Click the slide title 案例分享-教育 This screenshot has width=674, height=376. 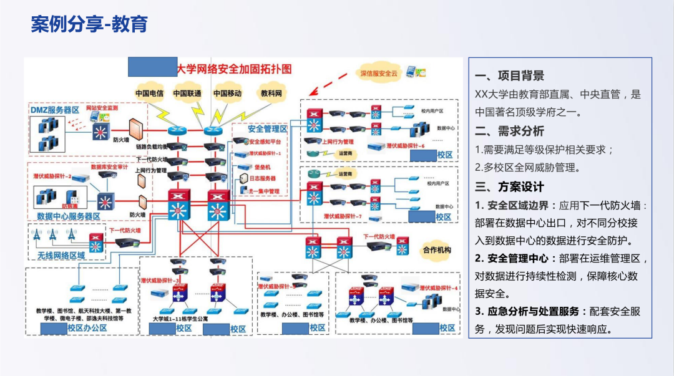point(89,25)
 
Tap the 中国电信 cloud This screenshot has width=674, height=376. point(150,94)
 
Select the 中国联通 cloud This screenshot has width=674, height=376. point(187,94)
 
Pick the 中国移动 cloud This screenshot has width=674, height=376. point(227,94)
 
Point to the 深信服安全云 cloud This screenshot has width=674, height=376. point(379,73)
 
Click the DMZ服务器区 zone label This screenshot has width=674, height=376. point(55,110)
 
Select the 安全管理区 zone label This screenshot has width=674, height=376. point(267,129)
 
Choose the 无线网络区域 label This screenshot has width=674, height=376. point(61,255)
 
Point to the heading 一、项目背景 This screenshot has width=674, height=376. point(509,75)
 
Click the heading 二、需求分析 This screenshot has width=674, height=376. point(509,131)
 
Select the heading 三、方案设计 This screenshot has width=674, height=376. point(509,186)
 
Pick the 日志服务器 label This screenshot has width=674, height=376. point(263,179)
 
